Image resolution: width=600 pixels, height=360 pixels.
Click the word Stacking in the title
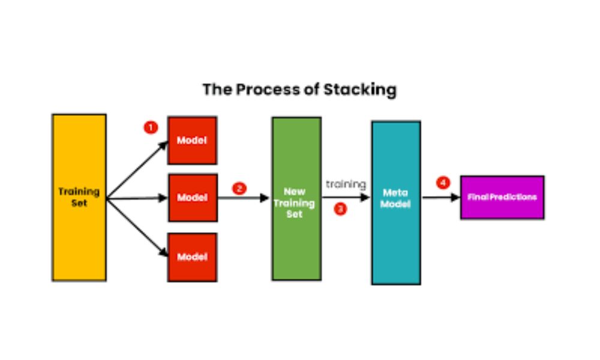(360, 90)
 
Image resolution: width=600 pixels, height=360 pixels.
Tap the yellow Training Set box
(79, 197)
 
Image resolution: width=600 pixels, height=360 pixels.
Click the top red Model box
(192, 140)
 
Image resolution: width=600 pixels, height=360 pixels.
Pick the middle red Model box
(192, 197)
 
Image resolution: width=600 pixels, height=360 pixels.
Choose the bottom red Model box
(192, 257)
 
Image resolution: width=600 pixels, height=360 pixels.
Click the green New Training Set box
(296, 199)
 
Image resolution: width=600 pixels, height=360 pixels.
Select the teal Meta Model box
(396, 202)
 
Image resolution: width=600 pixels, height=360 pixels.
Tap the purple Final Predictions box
(502, 197)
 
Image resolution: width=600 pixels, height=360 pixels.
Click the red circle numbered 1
(150, 127)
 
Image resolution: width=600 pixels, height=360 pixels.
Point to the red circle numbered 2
(239, 188)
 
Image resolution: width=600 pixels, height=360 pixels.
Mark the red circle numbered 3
(340, 209)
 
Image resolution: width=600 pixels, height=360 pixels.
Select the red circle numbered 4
(443, 182)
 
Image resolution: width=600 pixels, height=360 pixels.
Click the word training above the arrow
(346, 184)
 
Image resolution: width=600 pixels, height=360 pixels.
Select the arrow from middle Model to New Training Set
(243, 198)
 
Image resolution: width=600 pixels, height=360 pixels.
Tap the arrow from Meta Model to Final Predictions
(440, 197)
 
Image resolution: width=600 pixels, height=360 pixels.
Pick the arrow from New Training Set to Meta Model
(346, 197)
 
